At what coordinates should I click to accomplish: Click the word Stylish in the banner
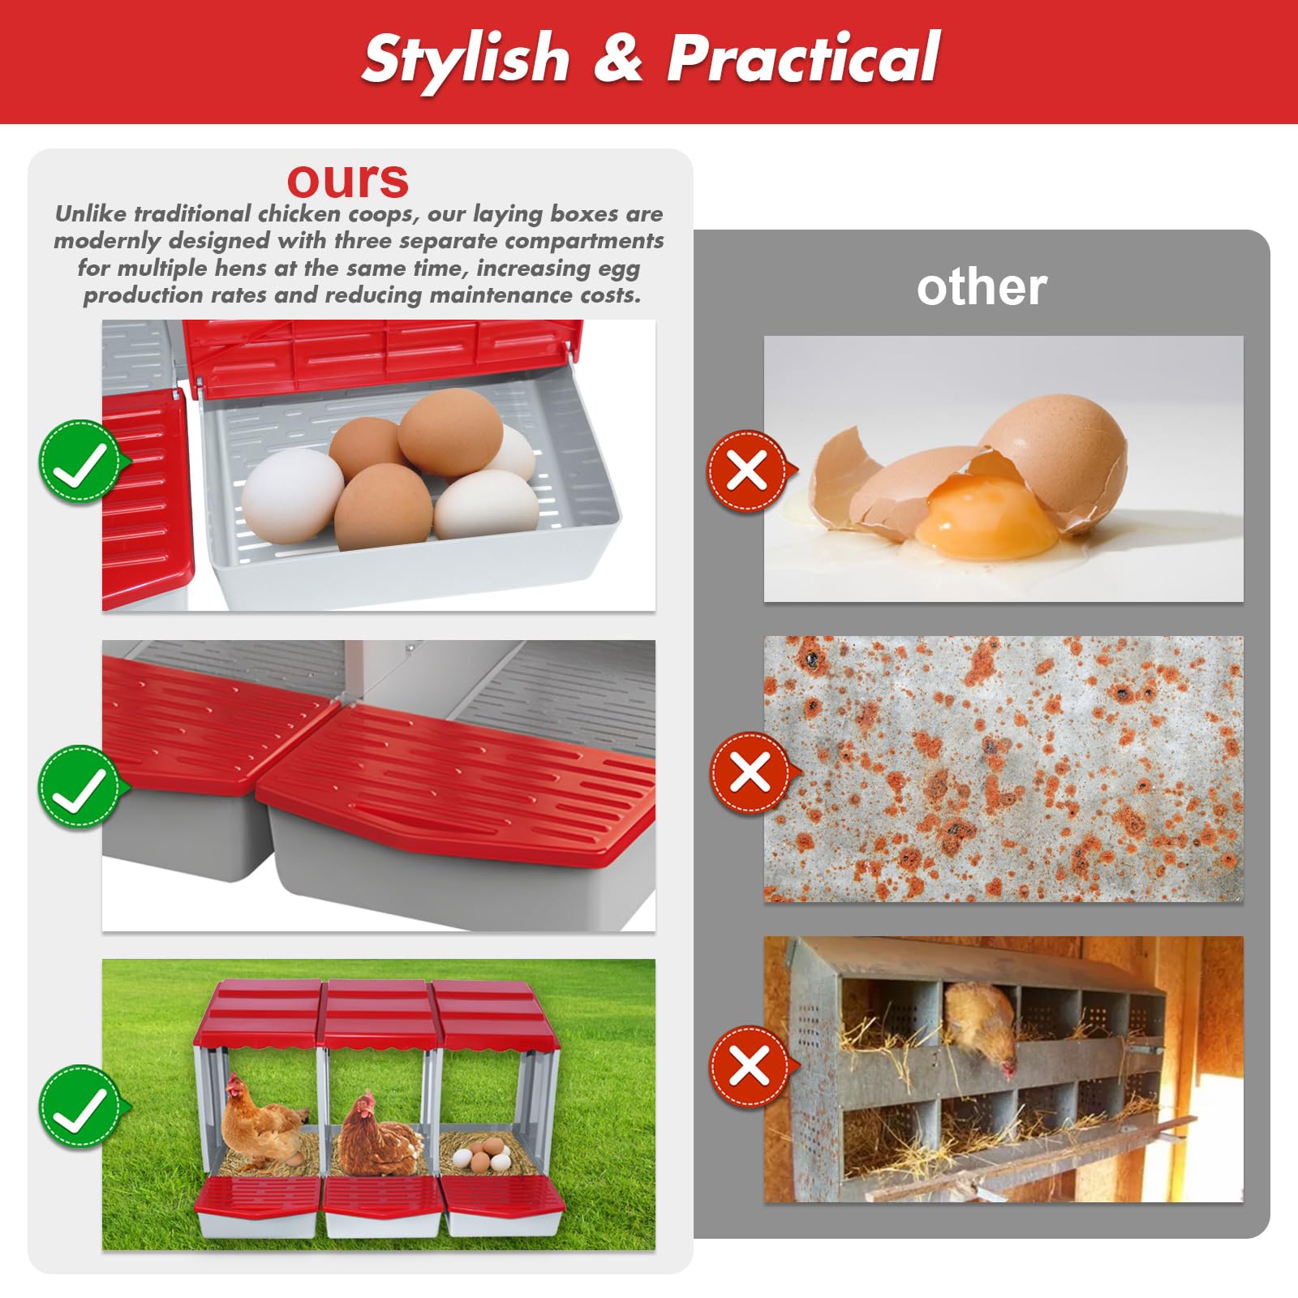pyautogui.click(x=466, y=58)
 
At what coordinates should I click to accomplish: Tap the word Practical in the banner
pyautogui.click(x=803, y=58)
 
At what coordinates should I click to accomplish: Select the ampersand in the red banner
pyautogui.click(x=618, y=58)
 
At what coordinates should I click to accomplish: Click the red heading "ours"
pyautogui.click(x=348, y=180)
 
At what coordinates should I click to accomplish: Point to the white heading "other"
pyautogui.click(x=982, y=287)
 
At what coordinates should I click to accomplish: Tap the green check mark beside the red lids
pyautogui.click(x=80, y=786)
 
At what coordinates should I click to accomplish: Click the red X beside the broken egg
pyautogui.click(x=748, y=471)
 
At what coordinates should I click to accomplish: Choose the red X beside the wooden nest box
pyautogui.click(x=750, y=1066)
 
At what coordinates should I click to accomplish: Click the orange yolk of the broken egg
pyautogui.click(x=987, y=516)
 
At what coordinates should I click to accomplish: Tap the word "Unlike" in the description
pyautogui.click(x=91, y=213)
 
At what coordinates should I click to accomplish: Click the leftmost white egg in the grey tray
pyautogui.click(x=293, y=496)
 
